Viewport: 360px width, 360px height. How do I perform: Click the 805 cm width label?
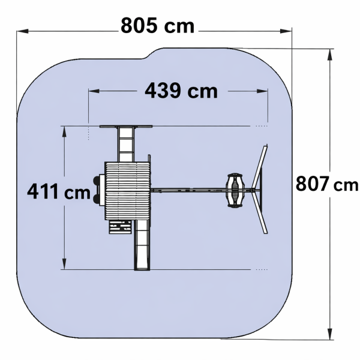pos(157,25)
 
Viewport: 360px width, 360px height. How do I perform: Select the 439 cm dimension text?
pos(181,91)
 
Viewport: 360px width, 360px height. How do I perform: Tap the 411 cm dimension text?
pos(59,191)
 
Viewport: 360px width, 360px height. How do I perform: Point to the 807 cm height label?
pos(327,184)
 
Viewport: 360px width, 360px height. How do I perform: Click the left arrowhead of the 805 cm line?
pos(23,31)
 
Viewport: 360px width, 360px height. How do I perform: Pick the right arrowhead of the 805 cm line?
pos(286,31)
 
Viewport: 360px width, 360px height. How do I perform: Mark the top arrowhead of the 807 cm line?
pos(330,55)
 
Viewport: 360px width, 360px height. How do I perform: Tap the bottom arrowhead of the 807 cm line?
pos(330,334)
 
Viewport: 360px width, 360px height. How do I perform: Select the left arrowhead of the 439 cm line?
pos(94,91)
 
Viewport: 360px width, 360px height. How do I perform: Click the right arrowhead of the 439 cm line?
pos(262,91)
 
